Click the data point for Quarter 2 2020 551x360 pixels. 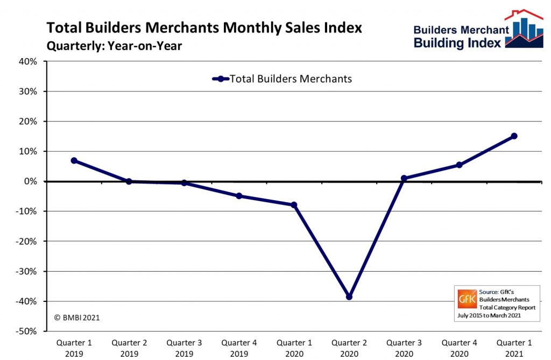tap(349, 297)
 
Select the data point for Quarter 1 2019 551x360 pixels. tap(74, 161)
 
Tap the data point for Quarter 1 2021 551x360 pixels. tap(514, 136)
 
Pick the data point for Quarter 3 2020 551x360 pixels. tap(404, 178)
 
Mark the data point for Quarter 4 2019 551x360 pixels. tap(239, 196)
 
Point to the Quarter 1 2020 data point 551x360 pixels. tap(294, 205)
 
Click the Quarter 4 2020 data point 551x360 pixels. tap(459, 165)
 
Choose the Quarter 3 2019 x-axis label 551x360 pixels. tap(184, 347)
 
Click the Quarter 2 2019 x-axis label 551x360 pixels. tap(129, 347)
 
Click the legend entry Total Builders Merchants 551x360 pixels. tap(291, 79)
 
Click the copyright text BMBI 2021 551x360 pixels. tap(77, 317)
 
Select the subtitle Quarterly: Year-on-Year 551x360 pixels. tap(114, 46)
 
